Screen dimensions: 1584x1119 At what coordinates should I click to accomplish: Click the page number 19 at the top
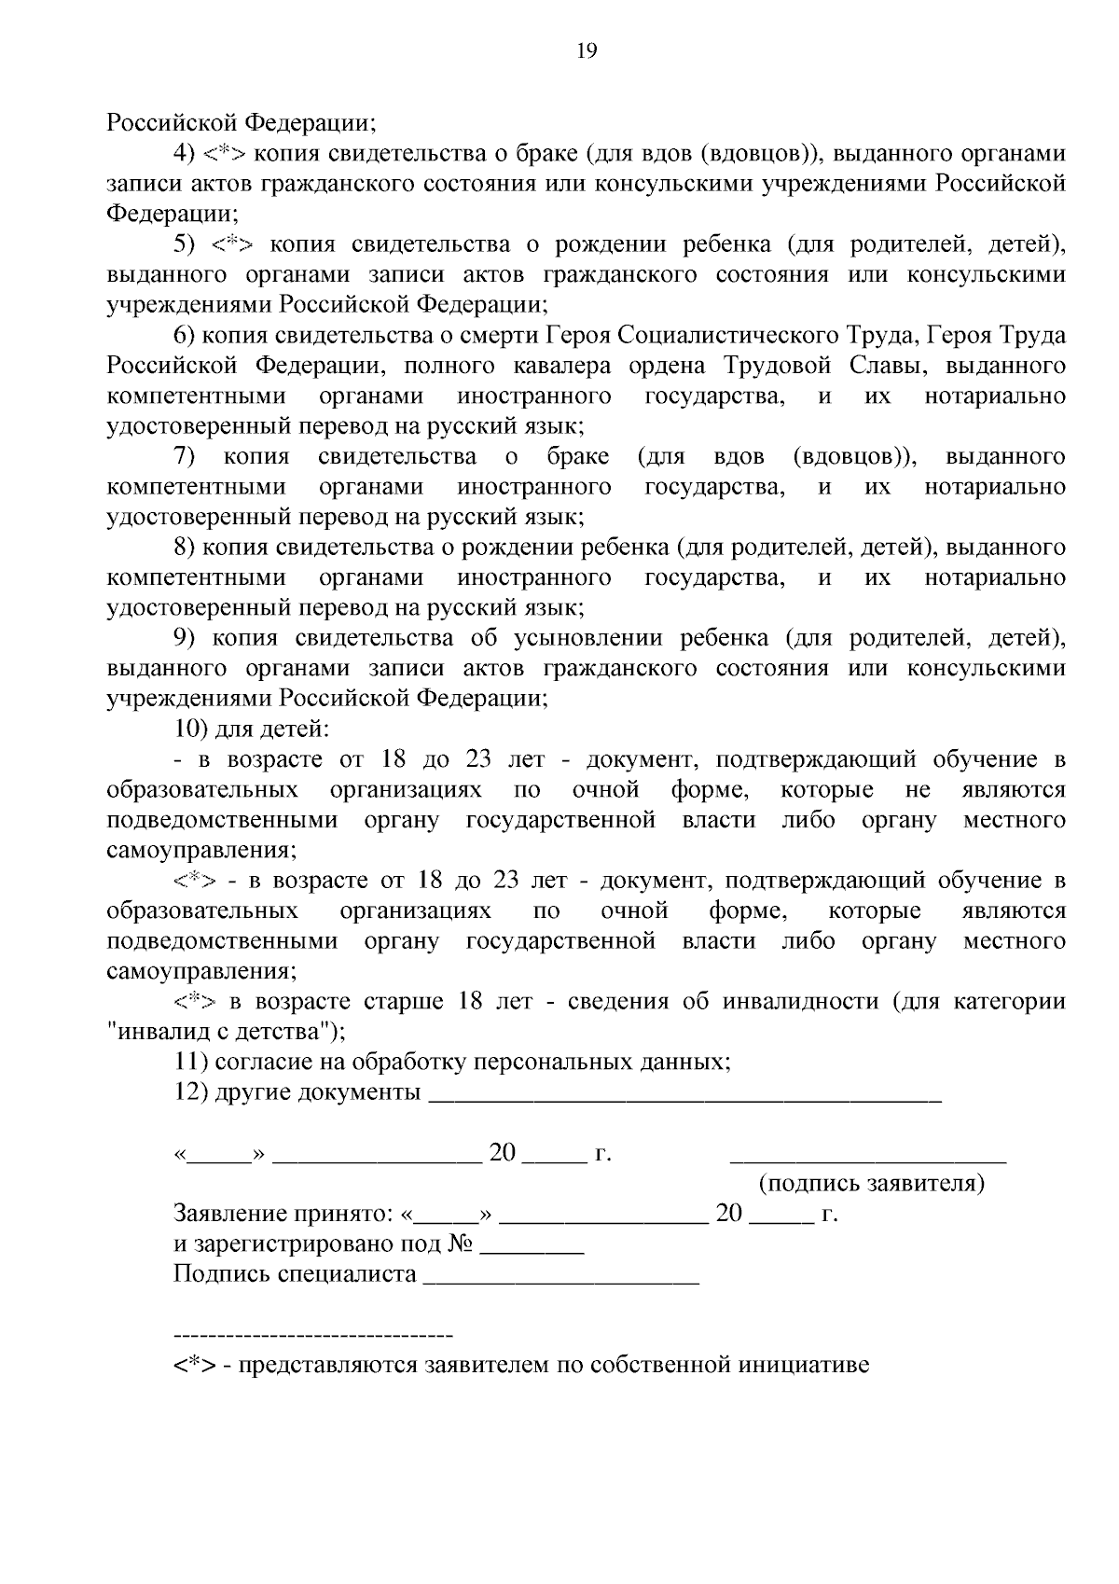point(587,51)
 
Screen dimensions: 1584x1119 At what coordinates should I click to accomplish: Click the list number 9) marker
point(185,638)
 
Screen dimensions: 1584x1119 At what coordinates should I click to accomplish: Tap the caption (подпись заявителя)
point(872,1184)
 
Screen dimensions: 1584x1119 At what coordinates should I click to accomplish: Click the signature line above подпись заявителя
point(867,1160)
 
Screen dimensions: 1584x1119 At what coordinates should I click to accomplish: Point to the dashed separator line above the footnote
point(313,1335)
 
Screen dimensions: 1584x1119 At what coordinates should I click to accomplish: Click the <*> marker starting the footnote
point(194,1366)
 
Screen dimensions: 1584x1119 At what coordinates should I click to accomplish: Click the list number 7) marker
point(185,456)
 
